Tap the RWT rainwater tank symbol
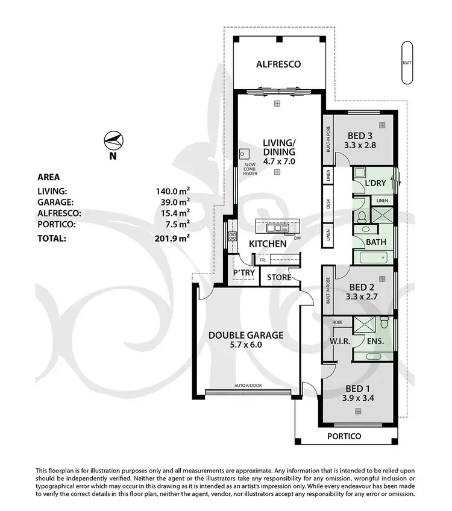click(x=408, y=63)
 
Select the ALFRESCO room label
click(x=278, y=64)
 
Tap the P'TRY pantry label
click(x=244, y=273)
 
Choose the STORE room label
click(x=279, y=278)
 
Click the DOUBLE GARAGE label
click(x=246, y=335)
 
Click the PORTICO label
click(x=344, y=436)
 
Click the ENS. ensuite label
click(x=375, y=341)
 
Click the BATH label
click(x=376, y=242)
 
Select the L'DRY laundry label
click(x=375, y=183)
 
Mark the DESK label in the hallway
click(x=328, y=204)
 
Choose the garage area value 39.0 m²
click(x=174, y=202)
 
